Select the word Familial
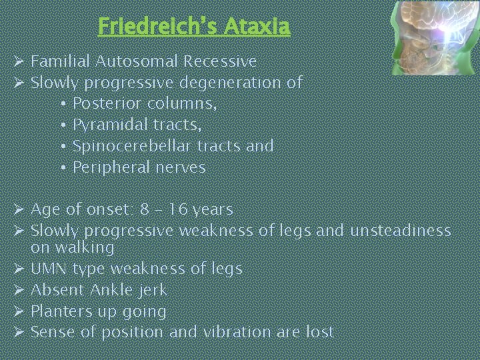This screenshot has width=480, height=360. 61,62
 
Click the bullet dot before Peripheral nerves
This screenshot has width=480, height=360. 61,167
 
